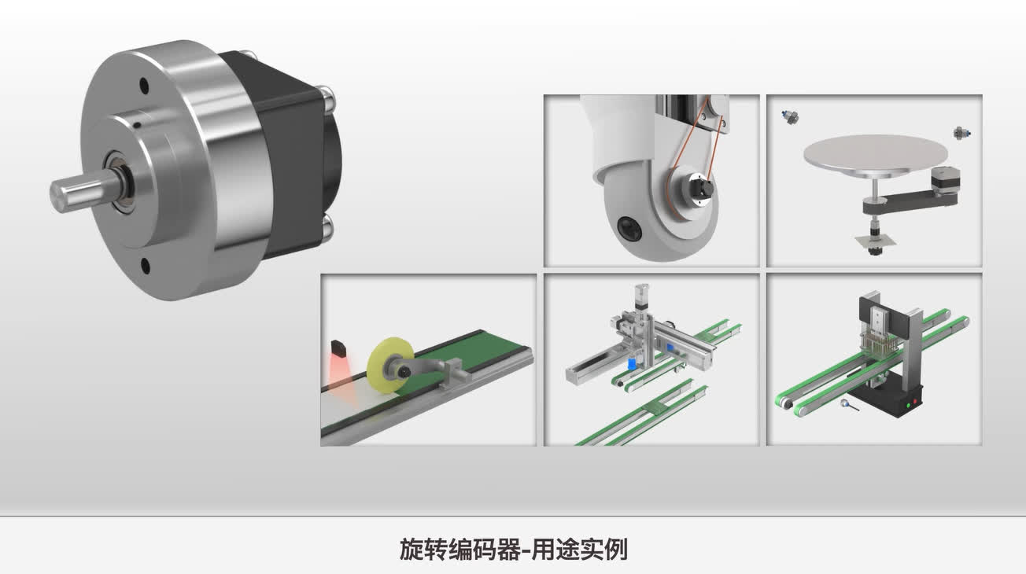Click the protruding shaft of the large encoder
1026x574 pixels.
coord(83,189)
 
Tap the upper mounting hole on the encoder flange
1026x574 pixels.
coord(144,86)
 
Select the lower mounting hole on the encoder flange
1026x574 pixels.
coord(146,266)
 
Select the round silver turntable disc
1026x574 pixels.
coord(875,156)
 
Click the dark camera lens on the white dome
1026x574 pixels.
coord(629,228)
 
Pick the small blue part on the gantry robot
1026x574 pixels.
coord(632,364)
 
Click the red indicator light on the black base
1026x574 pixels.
coord(916,402)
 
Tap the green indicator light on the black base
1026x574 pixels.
coord(908,405)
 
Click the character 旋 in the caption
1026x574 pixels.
coord(411,550)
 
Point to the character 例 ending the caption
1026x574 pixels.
coord(616,550)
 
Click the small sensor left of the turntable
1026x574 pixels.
coord(791,117)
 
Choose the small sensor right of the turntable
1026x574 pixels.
coord(961,133)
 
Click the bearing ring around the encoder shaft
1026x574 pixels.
coord(120,182)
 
